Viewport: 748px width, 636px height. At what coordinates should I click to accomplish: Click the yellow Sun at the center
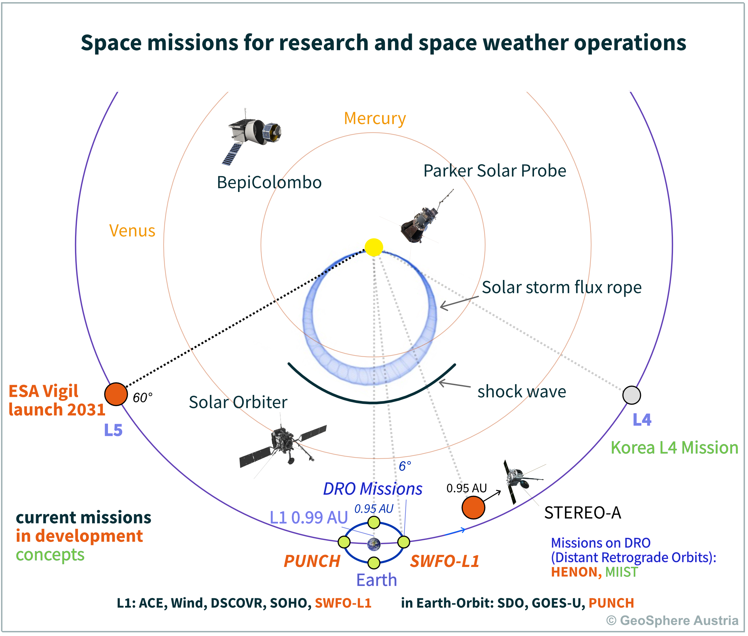click(x=374, y=247)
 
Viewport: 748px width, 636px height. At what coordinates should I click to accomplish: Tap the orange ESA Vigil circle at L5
click(x=116, y=394)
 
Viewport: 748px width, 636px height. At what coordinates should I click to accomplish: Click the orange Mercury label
click(x=375, y=118)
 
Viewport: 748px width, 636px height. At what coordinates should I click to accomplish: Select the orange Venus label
click(x=132, y=231)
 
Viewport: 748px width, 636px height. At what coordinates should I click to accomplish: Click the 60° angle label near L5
click(x=143, y=398)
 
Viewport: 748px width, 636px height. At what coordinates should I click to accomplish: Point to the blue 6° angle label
click(x=405, y=466)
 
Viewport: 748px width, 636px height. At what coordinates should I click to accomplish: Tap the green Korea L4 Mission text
click(x=674, y=448)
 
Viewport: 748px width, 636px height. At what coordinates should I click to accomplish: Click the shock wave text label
click(x=521, y=391)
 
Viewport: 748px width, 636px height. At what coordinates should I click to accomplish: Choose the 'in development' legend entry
click(x=79, y=536)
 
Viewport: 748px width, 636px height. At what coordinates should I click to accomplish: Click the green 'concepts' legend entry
click(x=50, y=555)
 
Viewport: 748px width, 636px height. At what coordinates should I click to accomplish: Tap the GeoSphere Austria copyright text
click(x=672, y=620)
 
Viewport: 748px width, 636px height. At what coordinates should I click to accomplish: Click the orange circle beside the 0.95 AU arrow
click(x=473, y=508)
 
